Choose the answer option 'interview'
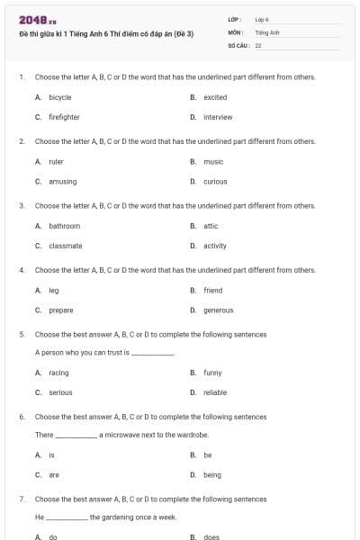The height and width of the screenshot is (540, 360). click(218, 117)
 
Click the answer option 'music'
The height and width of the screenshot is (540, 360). click(213, 161)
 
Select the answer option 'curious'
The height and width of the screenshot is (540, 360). click(215, 181)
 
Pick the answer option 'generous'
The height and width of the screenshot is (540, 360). click(218, 310)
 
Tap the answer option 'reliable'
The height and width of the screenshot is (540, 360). click(215, 392)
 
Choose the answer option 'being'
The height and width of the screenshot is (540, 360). click(212, 475)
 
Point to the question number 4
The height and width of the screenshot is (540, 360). click(21, 270)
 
